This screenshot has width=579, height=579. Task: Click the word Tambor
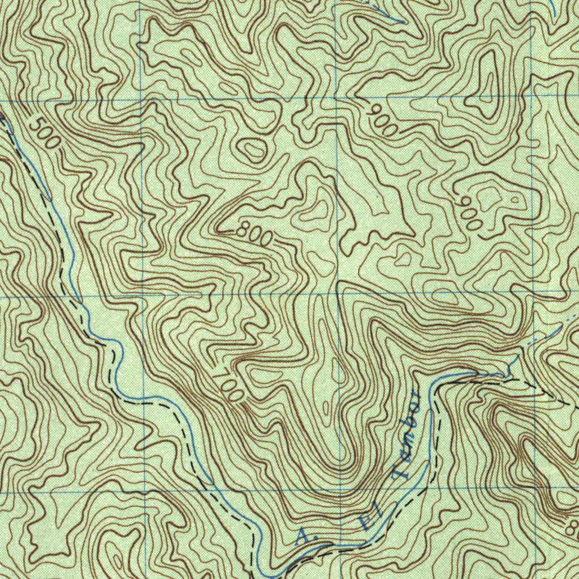[409, 434]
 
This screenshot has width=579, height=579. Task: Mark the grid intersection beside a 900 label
[338, 98]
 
